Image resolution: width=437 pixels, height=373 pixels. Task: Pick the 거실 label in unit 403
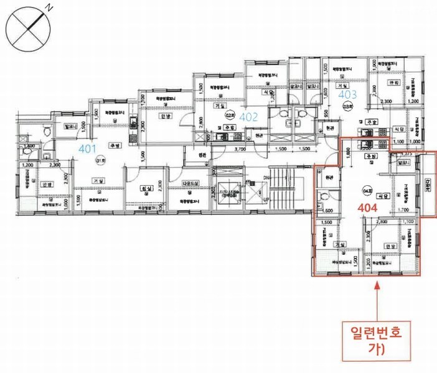point(341,87)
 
